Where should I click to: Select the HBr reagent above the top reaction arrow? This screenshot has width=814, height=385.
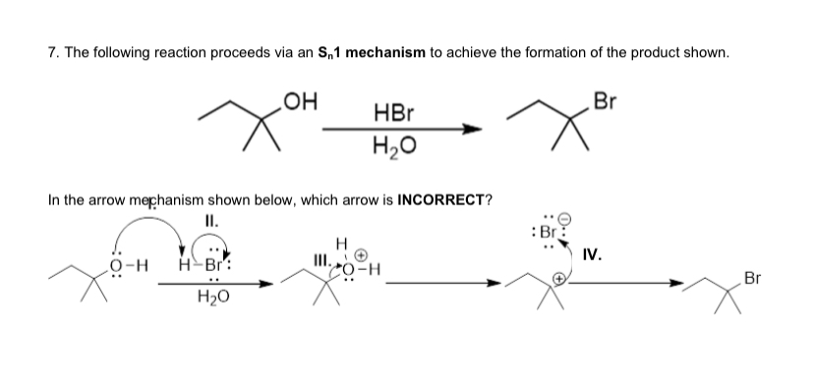coord(393,115)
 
